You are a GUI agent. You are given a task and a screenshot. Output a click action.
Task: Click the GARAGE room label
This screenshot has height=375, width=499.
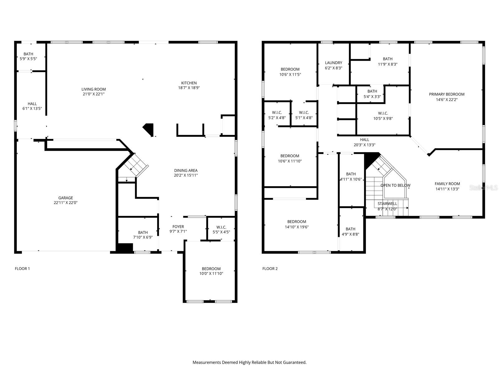click(65, 198)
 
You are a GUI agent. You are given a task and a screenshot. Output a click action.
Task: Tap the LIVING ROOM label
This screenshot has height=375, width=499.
click(94, 89)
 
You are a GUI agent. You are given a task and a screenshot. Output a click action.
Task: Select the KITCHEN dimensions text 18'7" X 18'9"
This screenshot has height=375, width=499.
click(189, 88)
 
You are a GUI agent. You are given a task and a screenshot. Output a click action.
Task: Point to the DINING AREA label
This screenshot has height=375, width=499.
click(186, 170)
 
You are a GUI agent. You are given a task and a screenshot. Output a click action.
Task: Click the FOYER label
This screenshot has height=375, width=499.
click(178, 227)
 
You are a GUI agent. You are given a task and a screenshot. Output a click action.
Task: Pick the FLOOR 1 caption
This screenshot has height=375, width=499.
click(22, 268)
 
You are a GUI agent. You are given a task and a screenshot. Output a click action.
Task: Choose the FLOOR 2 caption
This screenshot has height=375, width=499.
click(270, 268)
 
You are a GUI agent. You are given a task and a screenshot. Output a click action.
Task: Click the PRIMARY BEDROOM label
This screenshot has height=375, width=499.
click(447, 94)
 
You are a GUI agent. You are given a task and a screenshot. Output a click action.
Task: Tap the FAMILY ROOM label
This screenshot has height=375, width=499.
click(447, 184)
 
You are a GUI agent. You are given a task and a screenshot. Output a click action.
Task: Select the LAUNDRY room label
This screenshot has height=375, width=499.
click(333, 63)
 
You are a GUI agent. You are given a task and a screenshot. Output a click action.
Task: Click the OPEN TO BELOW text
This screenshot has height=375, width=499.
click(395, 185)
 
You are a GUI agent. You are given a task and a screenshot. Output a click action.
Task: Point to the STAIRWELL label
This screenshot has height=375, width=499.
click(387, 203)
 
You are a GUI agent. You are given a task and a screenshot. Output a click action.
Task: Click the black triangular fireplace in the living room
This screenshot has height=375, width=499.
click(149, 129)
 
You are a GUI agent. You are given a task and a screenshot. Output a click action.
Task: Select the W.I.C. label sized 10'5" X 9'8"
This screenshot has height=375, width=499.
click(383, 113)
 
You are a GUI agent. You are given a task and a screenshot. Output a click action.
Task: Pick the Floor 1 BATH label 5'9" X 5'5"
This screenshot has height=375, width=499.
click(28, 54)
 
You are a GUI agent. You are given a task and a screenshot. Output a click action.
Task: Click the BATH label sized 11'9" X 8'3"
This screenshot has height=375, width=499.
click(388, 59)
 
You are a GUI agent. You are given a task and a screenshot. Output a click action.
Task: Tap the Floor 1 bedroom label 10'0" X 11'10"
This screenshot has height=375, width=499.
click(211, 269)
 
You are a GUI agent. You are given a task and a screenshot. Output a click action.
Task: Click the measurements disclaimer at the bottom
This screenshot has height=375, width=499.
click(249, 362)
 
